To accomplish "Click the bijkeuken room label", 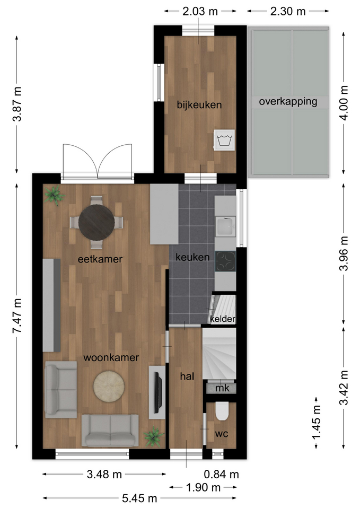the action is pos(199,105).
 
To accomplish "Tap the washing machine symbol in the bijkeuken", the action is pos(224,140).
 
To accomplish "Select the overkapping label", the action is pos(288,102).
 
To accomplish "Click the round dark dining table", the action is pos(96,222).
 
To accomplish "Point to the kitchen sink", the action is pos(225,226).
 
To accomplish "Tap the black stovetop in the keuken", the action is pos(225,261).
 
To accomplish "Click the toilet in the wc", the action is pos(222,411).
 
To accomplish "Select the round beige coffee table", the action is pos(109,386).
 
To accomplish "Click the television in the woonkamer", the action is pos(158,393).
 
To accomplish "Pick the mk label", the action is pos(222,388).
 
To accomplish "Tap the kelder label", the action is pos(222,319).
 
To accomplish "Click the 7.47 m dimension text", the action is pos(17,316).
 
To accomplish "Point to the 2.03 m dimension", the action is pos(200,12).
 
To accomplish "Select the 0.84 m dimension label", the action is pos(221,475).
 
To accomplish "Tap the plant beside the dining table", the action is pos(55,195).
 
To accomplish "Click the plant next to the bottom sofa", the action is pos(153,437).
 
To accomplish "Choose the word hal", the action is pos(187,376).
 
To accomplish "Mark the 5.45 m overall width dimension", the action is pos(139,498).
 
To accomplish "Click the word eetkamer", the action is pos(100,259).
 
